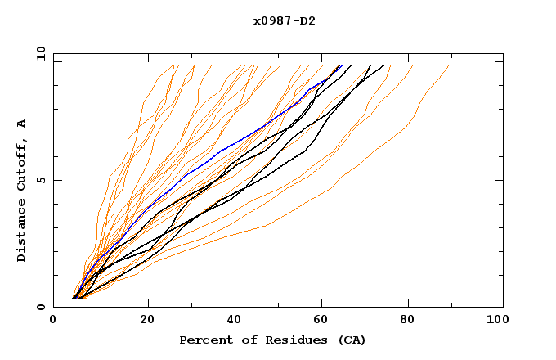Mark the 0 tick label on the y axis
click(41, 308)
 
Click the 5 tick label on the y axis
click(41, 180)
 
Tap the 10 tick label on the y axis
click(38, 53)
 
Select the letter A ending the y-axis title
click(22, 124)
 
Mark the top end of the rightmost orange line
click(449, 66)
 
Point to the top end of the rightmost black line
click(384, 66)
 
